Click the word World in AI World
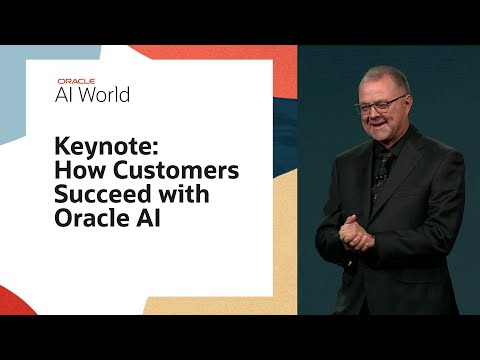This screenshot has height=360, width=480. (x=105, y=95)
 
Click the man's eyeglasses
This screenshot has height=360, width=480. (x=381, y=104)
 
